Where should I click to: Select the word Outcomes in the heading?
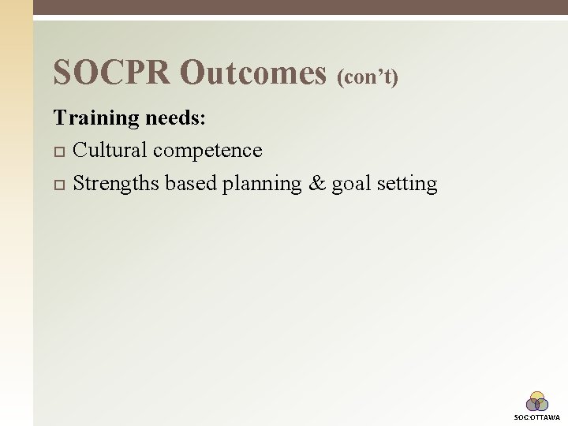[x=253, y=73]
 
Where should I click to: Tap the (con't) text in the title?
[x=368, y=77]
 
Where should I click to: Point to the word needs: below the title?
[x=176, y=118]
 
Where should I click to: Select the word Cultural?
[x=110, y=150]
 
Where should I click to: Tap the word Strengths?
[x=117, y=184]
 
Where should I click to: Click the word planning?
[x=262, y=185]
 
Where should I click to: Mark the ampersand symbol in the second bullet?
[x=316, y=184]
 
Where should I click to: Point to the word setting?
[x=407, y=185]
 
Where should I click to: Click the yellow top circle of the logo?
[x=537, y=397]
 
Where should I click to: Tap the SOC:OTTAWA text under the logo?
[x=537, y=417]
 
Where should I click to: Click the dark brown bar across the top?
[x=300, y=7]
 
